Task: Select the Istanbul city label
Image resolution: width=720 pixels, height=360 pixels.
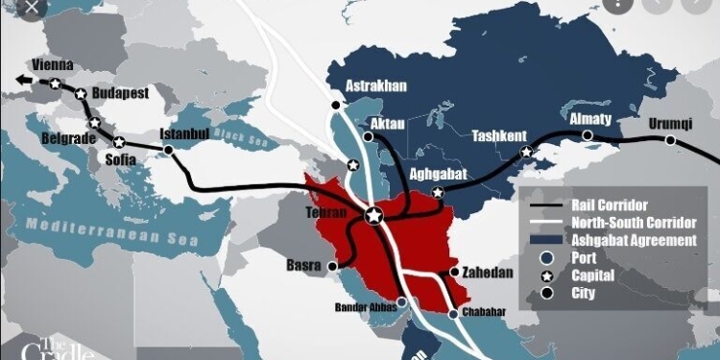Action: (x=184, y=132)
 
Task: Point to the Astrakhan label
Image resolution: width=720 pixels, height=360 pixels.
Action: (x=376, y=85)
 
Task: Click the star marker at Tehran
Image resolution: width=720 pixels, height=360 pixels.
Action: (x=373, y=216)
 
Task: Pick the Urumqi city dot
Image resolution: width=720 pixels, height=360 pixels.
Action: (x=670, y=141)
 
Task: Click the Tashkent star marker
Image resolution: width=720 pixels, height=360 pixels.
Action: (x=525, y=153)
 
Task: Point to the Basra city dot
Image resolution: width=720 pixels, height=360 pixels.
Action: (x=332, y=265)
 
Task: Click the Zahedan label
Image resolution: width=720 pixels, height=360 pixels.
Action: (x=488, y=272)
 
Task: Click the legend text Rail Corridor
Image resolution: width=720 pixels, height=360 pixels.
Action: (x=609, y=205)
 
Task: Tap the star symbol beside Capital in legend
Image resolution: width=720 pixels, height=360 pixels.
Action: (x=546, y=276)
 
